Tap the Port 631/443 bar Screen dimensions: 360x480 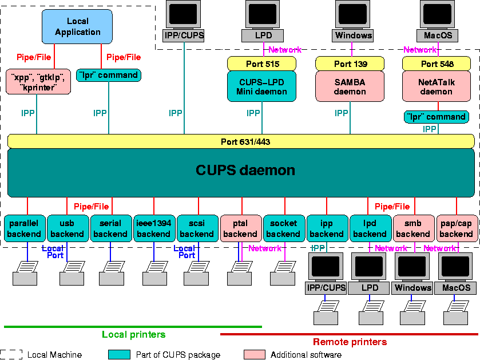(x=241, y=141)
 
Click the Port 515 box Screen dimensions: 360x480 (x=261, y=64)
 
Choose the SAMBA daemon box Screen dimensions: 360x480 (x=350, y=86)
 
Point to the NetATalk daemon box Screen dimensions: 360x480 (x=437, y=86)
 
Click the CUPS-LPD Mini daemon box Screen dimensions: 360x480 (x=261, y=86)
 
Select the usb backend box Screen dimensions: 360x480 (x=67, y=228)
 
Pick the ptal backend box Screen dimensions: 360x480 (x=240, y=228)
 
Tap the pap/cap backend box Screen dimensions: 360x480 (x=456, y=228)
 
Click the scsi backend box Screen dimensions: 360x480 (x=197, y=228)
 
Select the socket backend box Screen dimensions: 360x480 (x=283, y=228)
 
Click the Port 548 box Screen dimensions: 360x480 (x=437, y=64)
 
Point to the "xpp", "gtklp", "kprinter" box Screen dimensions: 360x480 (x=38, y=81)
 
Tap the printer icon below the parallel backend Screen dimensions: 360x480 (x=27, y=272)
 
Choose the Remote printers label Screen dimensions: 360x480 (x=350, y=342)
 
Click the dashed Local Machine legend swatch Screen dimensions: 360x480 (x=11, y=355)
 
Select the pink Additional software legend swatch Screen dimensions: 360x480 (x=255, y=355)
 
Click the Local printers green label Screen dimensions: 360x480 (x=133, y=334)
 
